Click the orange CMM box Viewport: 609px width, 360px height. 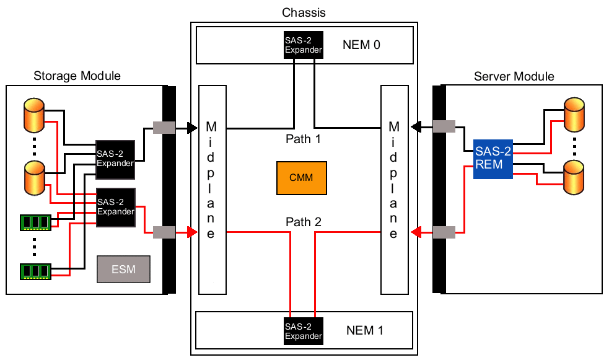point(301,177)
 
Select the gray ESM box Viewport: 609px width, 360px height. point(125,270)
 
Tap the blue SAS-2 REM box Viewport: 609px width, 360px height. point(493,160)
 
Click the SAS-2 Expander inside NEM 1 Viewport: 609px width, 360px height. point(304,331)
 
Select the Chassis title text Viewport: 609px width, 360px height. point(304,12)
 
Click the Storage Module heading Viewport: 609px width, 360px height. point(77,76)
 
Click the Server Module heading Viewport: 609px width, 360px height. point(514,76)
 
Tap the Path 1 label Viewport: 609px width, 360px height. point(303,139)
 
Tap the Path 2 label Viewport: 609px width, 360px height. point(303,221)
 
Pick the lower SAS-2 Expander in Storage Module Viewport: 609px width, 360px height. point(115,206)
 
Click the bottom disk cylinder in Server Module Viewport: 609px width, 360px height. point(574,176)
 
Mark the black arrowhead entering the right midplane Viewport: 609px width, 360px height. point(416,126)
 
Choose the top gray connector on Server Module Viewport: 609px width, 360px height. point(444,126)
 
